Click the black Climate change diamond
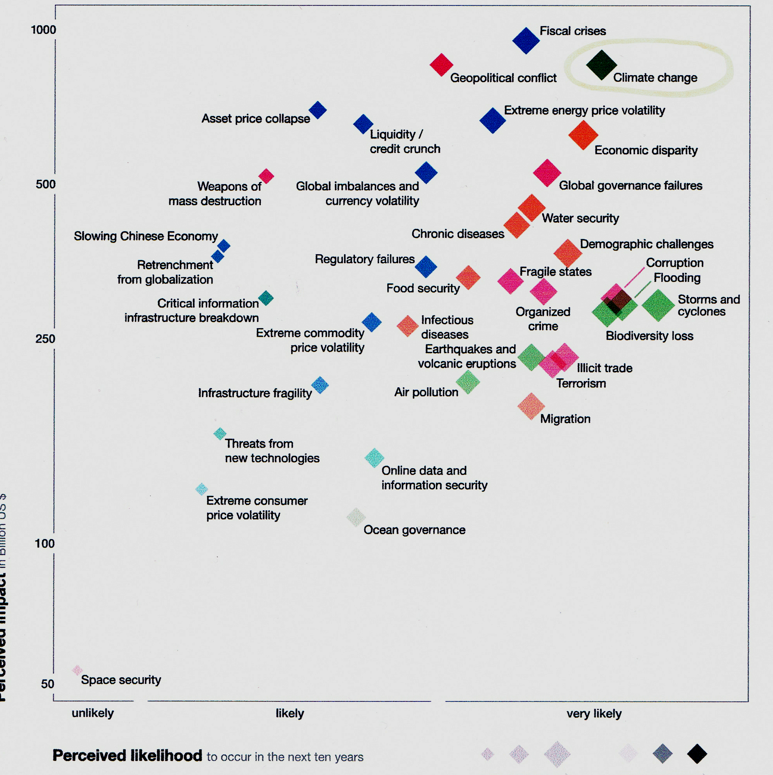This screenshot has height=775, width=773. coord(601,65)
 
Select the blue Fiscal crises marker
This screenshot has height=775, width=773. coord(526,40)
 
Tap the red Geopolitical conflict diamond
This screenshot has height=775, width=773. coord(441,65)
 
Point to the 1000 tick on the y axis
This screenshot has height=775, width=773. coord(43,30)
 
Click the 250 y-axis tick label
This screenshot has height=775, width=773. coord(45,339)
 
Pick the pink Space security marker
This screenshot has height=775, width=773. coord(77,670)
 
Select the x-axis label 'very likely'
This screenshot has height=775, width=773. coord(594,713)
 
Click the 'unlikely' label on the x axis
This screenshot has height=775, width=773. coord(93,713)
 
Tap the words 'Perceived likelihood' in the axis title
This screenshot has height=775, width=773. coord(127,756)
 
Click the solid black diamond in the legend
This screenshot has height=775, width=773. coord(697,754)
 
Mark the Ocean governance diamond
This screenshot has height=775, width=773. coord(356,517)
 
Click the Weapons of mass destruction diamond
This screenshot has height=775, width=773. coord(266,176)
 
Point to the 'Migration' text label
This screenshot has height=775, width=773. coord(565,419)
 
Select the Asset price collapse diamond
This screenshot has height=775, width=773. coord(318,110)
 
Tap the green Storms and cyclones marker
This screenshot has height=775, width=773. coord(658,305)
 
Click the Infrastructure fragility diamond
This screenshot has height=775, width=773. coord(320,385)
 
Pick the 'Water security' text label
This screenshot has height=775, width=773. coord(580,218)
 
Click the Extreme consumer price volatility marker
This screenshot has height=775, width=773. coord(201,489)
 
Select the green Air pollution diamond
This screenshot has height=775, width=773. coord(468,382)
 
